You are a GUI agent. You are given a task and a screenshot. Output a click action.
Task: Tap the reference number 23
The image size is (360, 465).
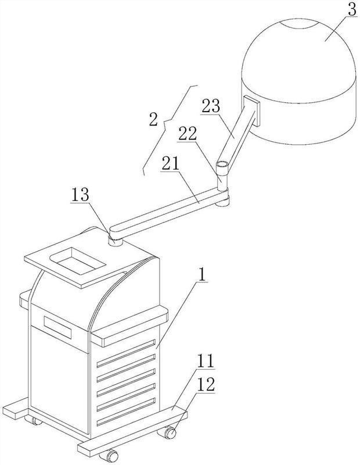click(x=212, y=106)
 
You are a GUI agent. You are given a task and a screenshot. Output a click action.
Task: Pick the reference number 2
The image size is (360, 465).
click(x=153, y=120)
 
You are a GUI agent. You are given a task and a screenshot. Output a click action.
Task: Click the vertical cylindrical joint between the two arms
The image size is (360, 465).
click(x=222, y=176)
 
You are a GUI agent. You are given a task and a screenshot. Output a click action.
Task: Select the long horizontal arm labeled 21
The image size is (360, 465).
click(x=168, y=214)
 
